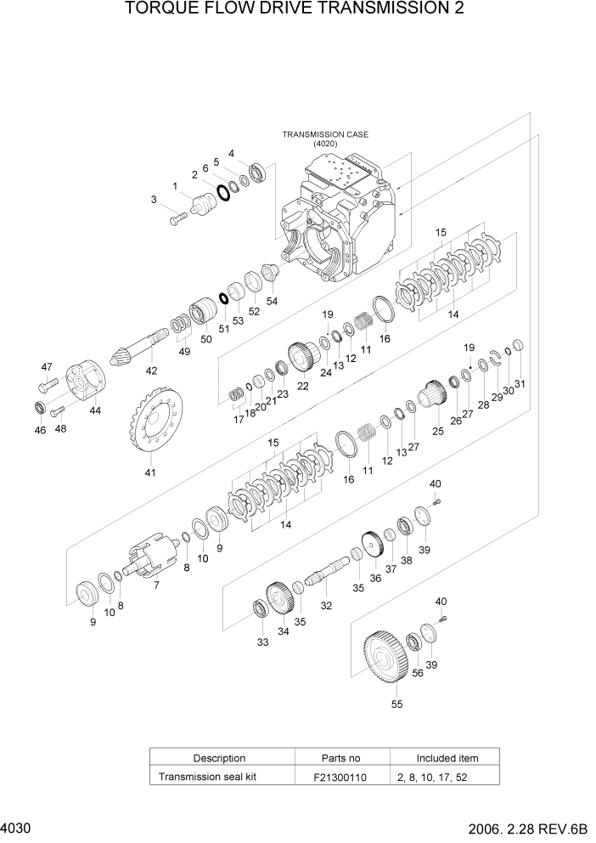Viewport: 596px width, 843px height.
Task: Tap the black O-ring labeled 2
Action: pyautogui.click(x=223, y=192)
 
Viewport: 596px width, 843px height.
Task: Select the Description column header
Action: pyautogui.click(x=219, y=758)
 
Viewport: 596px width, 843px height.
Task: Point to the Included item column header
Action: pyautogui.click(x=447, y=758)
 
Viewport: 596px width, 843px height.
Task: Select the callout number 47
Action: pyautogui.click(x=46, y=367)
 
